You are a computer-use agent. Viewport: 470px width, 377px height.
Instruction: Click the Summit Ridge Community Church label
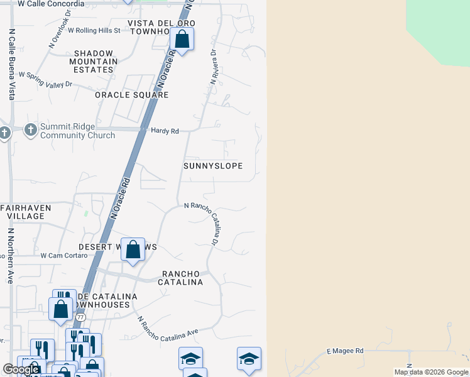(77, 131)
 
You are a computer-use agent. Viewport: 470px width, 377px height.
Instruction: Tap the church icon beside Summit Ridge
(30, 130)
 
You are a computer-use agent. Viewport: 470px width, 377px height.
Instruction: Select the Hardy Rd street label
(165, 131)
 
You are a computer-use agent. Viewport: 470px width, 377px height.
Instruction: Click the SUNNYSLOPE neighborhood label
(213, 166)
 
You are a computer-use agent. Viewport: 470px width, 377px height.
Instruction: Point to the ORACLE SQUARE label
(132, 95)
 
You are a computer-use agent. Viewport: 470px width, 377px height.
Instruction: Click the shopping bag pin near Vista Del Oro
(182, 40)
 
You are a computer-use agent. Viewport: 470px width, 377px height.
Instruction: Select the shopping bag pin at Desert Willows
(133, 250)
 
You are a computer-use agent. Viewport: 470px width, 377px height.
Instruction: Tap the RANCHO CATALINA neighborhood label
(183, 278)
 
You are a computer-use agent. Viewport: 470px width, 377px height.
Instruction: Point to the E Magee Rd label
(345, 351)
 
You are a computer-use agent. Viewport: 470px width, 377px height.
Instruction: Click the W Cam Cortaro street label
(63, 256)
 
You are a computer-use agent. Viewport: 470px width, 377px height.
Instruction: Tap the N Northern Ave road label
(11, 256)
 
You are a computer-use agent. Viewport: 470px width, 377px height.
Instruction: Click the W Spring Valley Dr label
(46, 79)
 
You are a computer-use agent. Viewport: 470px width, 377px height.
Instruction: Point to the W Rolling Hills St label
(94, 30)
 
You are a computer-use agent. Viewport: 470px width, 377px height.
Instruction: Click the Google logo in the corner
(21, 369)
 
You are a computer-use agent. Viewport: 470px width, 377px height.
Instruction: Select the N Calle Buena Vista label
(11, 65)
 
